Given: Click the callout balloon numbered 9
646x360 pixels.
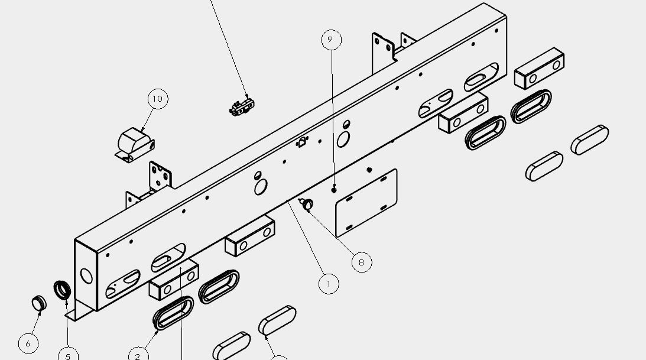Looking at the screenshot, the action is (331, 40).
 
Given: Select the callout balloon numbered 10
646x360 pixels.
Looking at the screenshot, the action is (158, 99).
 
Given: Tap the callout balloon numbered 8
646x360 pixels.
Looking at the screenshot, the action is (362, 262).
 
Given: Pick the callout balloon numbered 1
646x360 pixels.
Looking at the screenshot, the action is (329, 284).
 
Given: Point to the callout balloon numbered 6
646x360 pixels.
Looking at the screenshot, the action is (28, 343).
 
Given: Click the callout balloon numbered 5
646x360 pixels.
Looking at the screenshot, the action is (69, 355).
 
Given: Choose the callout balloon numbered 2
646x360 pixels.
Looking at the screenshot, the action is (138, 355).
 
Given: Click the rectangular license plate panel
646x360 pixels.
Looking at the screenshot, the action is (366, 203).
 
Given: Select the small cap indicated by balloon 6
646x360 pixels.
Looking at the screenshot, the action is (39, 304).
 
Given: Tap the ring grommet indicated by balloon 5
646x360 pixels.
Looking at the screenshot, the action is (62, 290).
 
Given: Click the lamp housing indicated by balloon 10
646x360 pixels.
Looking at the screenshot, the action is (135, 145).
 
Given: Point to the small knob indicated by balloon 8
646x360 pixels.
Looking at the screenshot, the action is (307, 204).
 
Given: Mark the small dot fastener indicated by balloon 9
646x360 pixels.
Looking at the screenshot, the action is (334, 190).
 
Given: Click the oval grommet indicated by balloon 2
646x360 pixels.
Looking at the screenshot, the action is (173, 313).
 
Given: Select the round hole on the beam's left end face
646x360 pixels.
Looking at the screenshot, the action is (86, 275).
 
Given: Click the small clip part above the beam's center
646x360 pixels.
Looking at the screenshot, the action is (242, 106).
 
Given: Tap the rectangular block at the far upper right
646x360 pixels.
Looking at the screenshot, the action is (539, 68).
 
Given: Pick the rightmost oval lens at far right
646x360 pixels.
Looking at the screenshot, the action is (590, 140).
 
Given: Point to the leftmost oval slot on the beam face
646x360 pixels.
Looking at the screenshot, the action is (123, 284).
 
